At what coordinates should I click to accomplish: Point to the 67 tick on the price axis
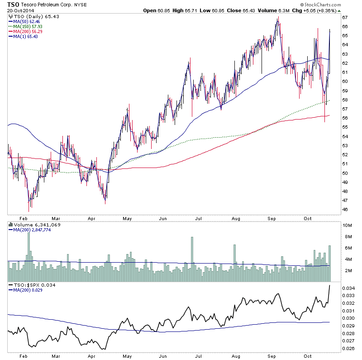(x=344, y=17)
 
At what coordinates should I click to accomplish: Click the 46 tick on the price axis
(x=344, y=210)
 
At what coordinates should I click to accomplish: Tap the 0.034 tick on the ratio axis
(x=348, y=288)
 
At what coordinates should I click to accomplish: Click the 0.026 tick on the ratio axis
(x=348, y=348)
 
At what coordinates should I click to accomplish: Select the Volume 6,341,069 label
(x=34, y=225)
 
